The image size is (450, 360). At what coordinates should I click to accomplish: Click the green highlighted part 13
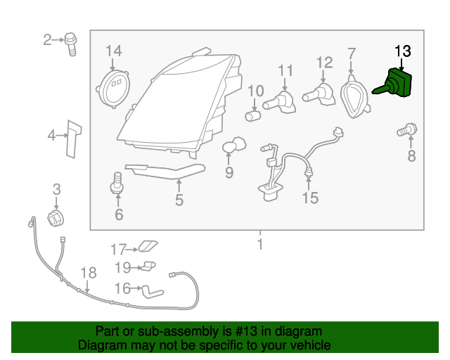point(396,83)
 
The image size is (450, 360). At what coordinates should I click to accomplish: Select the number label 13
point(403,51)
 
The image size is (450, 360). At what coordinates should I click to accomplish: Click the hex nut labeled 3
point(56,219)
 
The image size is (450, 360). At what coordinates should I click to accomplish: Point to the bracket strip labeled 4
point(73,139)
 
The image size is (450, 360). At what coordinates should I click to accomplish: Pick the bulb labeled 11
point(280,103)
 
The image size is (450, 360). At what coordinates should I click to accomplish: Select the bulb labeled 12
point(319,95)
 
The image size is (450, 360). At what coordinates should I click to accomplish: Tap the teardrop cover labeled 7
point(354,96)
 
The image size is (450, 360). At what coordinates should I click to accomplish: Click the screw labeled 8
point(408,130)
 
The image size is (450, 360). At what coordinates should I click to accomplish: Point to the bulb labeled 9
point(234,145)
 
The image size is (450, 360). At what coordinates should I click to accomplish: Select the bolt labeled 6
point(117,183)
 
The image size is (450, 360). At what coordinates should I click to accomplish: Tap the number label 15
point(310,198)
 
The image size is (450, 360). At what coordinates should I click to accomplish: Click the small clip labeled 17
point(148,246)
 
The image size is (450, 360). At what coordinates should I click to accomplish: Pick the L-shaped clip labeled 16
point(152,292)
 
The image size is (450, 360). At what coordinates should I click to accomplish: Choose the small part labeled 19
point(149,266)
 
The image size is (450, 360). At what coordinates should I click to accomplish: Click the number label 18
point(89,273)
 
